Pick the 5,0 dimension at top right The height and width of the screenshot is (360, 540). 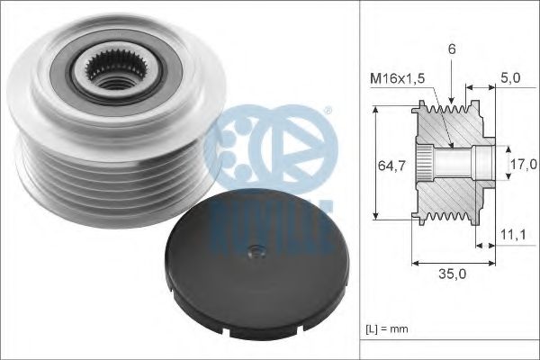[x=510, y=79]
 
